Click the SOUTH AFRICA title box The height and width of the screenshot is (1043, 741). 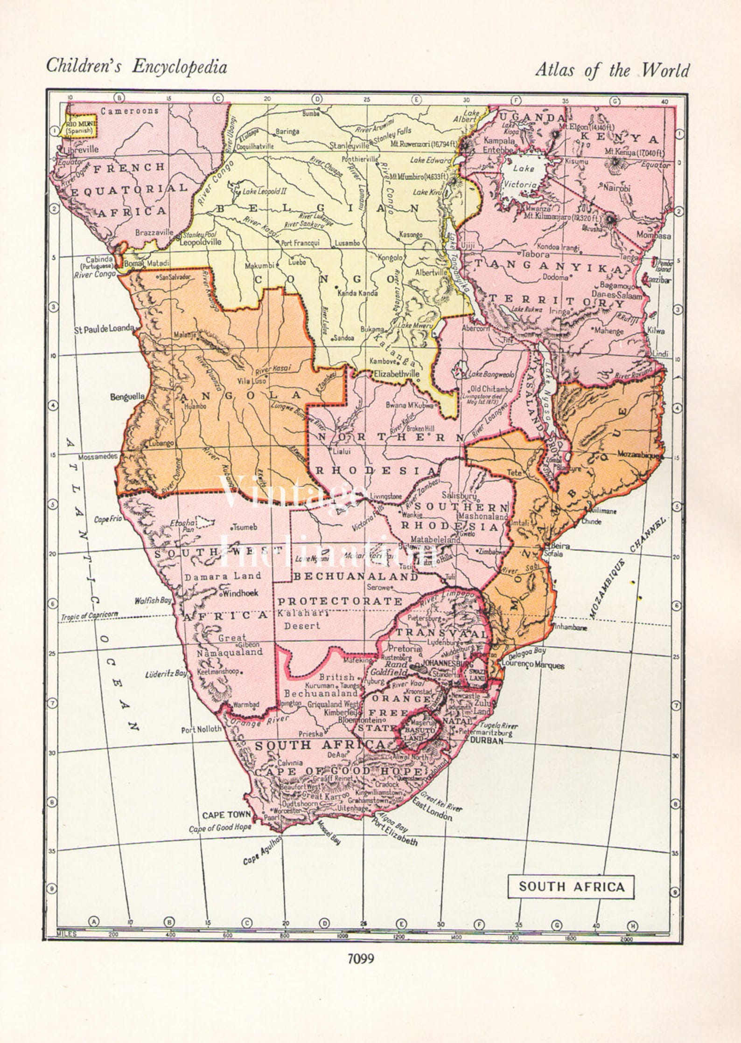[571, 887]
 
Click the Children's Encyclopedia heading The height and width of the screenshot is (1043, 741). [136, 67]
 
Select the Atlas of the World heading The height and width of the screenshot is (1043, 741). [612, 70]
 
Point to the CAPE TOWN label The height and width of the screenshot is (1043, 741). [226, 815]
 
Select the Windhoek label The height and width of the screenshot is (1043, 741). [241, 594]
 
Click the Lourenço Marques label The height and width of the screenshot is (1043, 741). [533, 665]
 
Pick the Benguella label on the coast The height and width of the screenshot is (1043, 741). [127, 397]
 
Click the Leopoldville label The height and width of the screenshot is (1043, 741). [200, 242]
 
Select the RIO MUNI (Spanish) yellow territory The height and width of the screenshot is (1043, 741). [81, 127]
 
